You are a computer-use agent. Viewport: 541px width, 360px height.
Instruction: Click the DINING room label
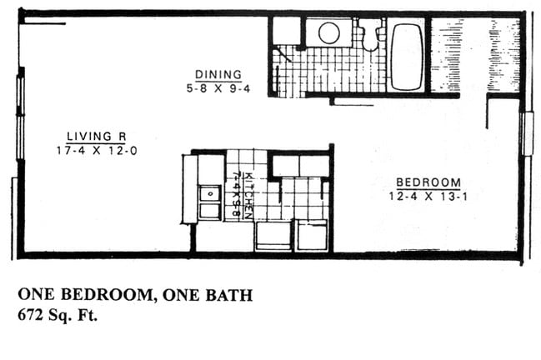tap(218, 74)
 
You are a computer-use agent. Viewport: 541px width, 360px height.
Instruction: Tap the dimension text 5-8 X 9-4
tap(218, 86)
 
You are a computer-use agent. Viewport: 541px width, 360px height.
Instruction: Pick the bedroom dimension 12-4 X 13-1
tap(428, 196)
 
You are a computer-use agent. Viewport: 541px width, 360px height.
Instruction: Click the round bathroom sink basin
tap(329, 34)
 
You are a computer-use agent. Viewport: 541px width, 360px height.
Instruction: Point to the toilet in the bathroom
tap(368, 37)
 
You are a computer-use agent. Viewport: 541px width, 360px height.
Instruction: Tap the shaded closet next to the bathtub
tap(444, 55)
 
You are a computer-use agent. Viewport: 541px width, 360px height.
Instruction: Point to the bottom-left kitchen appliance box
tap(273, 235)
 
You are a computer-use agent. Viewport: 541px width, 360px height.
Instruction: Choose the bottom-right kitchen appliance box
tap(312, 235)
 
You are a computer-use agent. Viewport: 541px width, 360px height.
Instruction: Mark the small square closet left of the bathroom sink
tap(286, 31)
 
